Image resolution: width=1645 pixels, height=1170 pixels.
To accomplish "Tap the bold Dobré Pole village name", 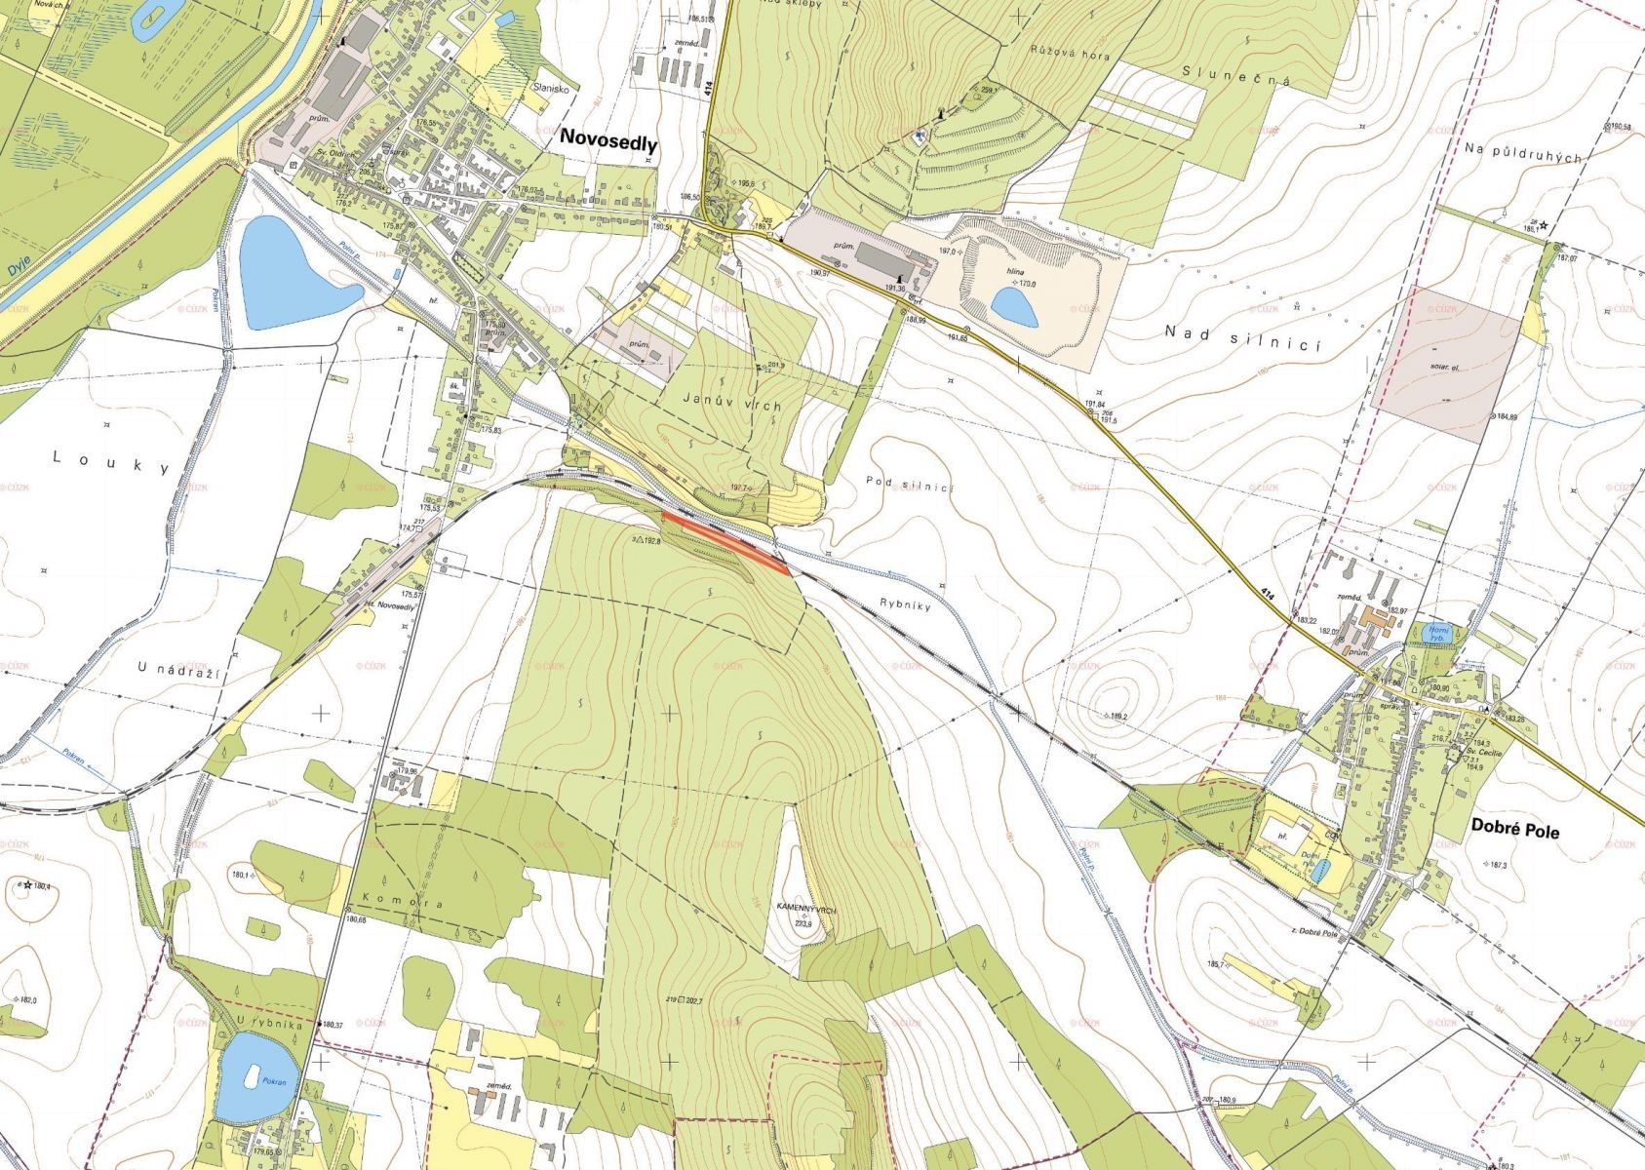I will click(x=1510, y=832).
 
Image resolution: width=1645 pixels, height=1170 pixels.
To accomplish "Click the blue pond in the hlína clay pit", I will click(x=1014, y=305).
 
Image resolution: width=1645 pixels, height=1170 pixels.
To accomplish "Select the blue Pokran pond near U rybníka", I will click(x=253, y=1077).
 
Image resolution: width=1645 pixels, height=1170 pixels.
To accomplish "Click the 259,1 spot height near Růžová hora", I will click(x=987, y=90).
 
